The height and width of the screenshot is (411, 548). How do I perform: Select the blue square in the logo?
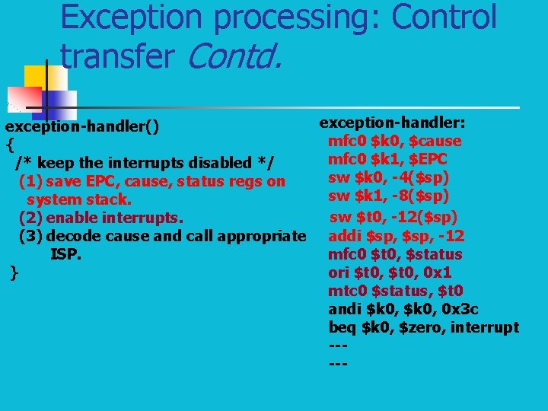pyautogui.click(x=59, y=104)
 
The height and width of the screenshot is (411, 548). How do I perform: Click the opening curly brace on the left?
pyautogui.click(x=9, y=143)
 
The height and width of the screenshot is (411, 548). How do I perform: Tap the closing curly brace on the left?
pyautogui.click(x=14, y=272)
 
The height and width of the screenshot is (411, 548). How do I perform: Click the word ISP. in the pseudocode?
pyautogui.click(x=65, y=254)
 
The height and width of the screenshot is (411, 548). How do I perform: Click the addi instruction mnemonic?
pyautogui.click(x=345, y=235)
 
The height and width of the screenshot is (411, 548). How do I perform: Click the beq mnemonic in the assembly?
pyautogui.click(x=342, y=327)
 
